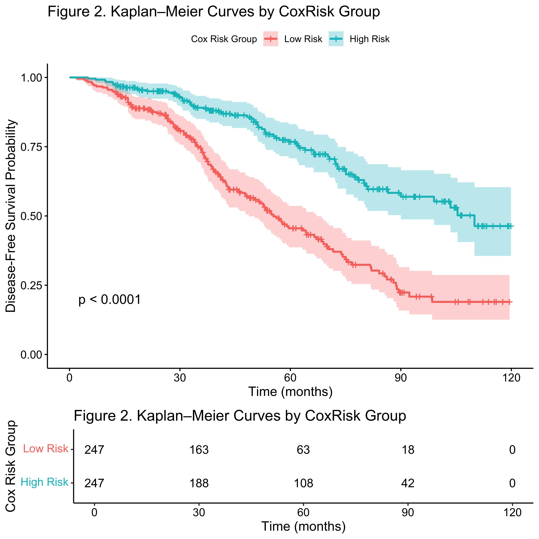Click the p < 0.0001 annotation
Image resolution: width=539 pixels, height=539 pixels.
point(110,300)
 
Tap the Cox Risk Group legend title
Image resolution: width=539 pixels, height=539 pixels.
point(224,39)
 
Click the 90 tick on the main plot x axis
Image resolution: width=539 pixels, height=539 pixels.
point(401,378)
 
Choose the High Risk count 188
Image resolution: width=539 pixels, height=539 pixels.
point(199,483)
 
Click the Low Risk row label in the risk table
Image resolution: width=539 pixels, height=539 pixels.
point(45,449)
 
